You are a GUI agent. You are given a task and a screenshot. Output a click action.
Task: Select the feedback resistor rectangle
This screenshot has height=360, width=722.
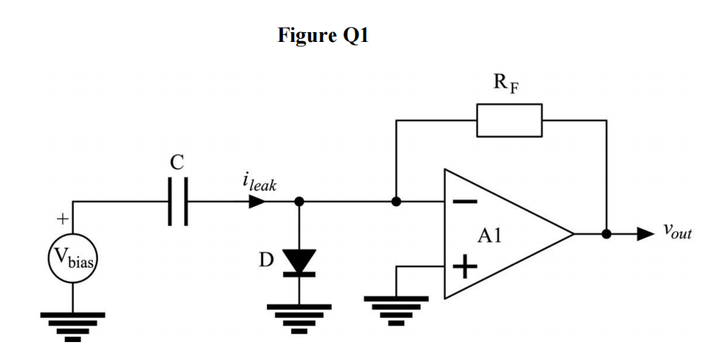pos(510,120)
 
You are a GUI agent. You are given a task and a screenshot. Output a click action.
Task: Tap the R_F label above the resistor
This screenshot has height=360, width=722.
pos(506,82)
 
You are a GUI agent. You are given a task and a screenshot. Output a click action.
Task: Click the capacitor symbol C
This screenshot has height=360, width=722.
pos(178,201)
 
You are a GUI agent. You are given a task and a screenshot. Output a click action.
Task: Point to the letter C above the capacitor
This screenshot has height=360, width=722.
pos(177,162)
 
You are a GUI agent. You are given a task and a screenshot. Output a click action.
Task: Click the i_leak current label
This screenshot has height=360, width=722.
pos(259,183)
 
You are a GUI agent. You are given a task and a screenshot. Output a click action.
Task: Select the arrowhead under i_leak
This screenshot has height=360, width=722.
pos(257,201)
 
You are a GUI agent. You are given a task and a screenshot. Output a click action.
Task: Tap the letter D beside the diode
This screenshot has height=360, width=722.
pos(265,260)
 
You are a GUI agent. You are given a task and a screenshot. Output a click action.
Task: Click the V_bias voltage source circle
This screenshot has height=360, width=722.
pos(73,260)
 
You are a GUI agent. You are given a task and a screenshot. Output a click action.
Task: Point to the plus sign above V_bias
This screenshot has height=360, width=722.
pos(61,219)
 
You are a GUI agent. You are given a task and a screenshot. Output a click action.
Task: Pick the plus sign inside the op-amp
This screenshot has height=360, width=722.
pos(465,267)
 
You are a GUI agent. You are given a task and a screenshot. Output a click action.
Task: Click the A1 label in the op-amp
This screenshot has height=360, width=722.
pos(489,237)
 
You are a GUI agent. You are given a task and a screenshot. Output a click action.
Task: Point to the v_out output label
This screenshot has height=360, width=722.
pos(677,233)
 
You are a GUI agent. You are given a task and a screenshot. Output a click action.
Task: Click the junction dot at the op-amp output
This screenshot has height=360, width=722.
pos(607,234)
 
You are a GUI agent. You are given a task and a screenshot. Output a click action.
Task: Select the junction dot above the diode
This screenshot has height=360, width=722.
pos(299,201)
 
